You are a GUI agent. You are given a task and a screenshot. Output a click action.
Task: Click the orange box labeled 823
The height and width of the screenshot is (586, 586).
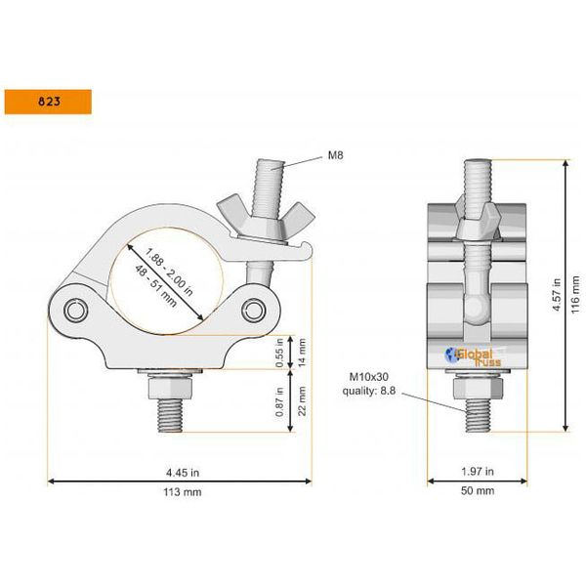[x=48, y=101]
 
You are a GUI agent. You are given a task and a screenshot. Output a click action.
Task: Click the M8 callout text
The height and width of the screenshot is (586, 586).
[x=334, y=155]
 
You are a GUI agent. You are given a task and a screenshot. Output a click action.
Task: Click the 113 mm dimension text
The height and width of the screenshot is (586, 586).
[x=179, y=491]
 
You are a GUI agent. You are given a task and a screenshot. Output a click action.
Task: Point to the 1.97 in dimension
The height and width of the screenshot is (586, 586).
[x=475, y=469]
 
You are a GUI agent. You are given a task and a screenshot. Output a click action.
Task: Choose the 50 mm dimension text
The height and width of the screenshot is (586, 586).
[x=477, y=491]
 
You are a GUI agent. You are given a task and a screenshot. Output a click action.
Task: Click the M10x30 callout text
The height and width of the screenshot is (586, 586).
[x=371, y=375]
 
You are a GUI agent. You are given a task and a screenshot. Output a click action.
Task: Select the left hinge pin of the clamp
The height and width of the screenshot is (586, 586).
[x=76, y=311]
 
